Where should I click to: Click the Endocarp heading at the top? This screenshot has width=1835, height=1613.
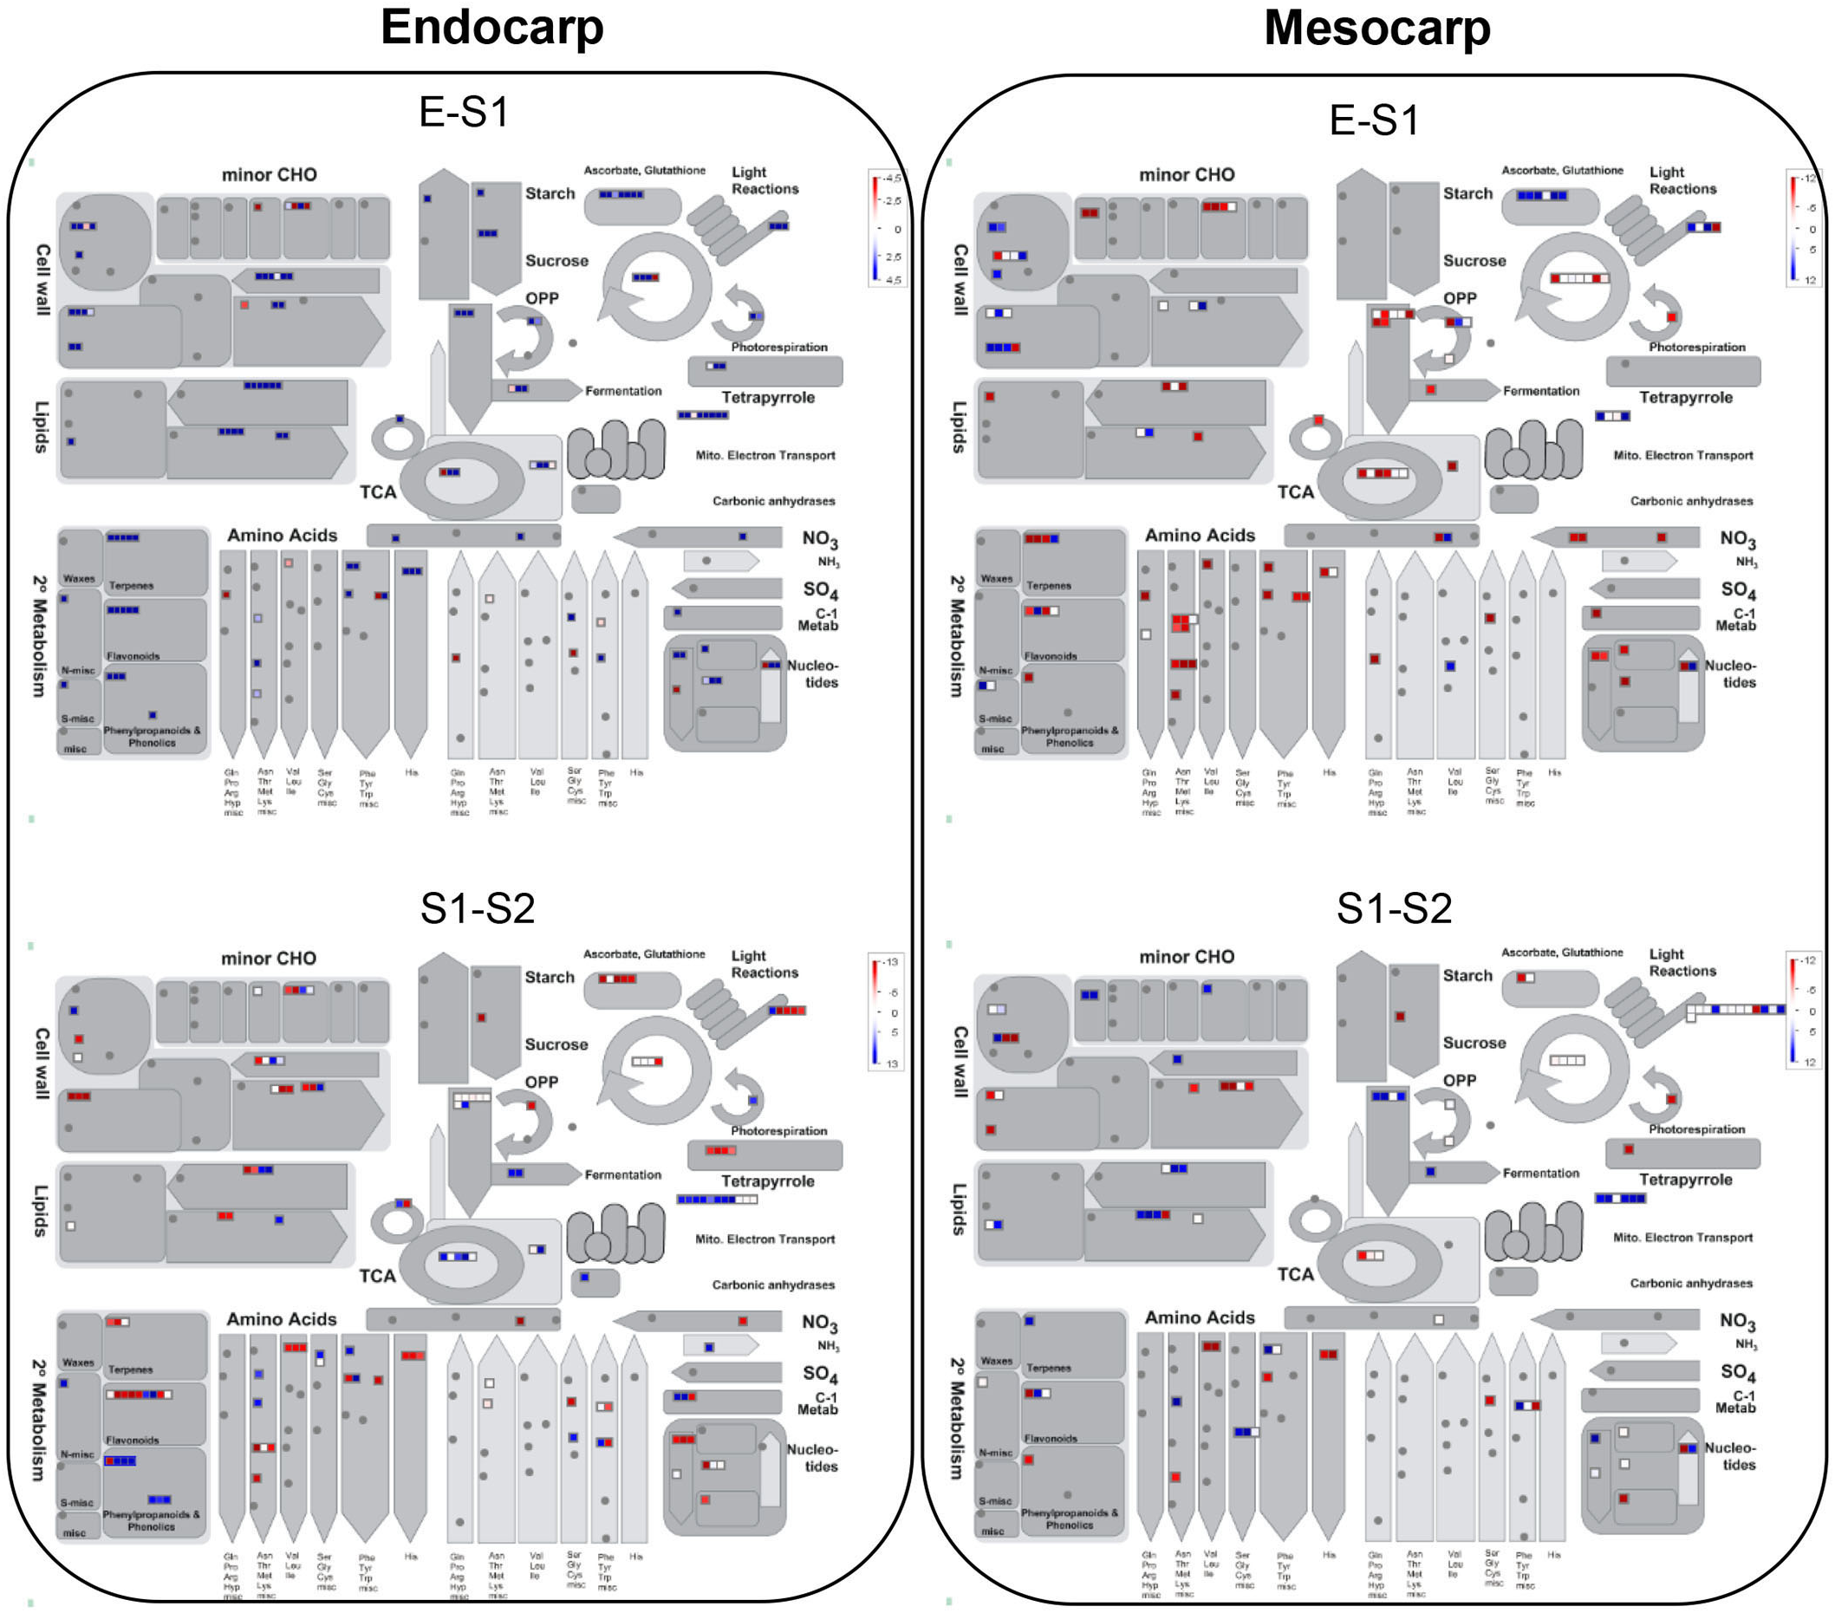pyautogui.click(x=491, y=27)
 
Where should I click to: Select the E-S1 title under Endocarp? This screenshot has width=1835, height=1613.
pyautogui.click(x=463, y=112)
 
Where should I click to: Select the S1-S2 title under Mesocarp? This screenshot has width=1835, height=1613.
pyautogui.click(x=1393, y=908)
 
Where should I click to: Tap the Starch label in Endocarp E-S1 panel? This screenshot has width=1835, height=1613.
pyautogui.click(x=550, y=193)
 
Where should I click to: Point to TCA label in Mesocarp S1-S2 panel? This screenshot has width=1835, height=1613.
pyautogui.click(x=1295, y=1274)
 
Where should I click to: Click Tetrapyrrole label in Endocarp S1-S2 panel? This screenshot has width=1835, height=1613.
pyautogui.click(x=768, y=1180)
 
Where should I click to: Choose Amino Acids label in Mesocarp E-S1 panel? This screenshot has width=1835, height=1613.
pyautogui.click(x=1200, y=535)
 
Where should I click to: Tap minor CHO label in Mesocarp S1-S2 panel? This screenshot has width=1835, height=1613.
pyautogui.click(x=1186, y=956)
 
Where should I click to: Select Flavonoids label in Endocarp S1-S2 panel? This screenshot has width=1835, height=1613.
pyautogui.click(x=132, y=1440)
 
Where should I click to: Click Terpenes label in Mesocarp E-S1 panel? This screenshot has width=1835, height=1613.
pyautogui.click(x=1048, y=585)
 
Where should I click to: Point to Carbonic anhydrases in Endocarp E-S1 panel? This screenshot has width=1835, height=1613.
pyautogui.click(x=773, y=501)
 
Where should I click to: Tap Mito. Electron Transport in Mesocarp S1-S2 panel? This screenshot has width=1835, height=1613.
pyautogui.click(x=1682, y=1237)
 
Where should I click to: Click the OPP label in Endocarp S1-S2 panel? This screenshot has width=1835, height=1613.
pyautogui.click(x=542, y=1082)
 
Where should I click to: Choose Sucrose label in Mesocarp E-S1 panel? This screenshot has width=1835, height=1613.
pyautogui.click(x=1474, y=260)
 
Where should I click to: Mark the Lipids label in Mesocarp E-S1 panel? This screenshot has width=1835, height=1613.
pyautogui.click(x=959, y=426)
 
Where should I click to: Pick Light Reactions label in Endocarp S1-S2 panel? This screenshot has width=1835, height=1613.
pyautogui.click(x=764, y=963)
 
